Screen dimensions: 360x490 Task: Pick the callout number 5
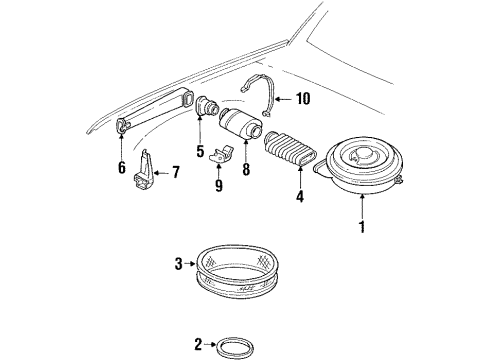199,152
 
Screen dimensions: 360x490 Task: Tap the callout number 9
218,184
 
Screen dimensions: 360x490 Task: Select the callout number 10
303,97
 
